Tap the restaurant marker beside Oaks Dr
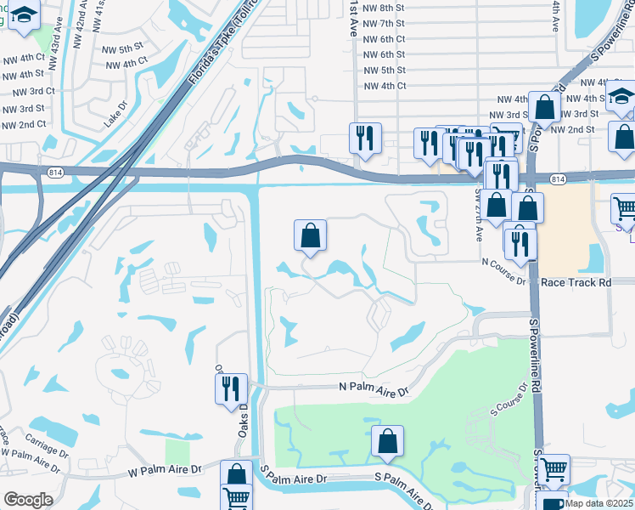(231, 389)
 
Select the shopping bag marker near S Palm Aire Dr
(387, 441)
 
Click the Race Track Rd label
(576, 281)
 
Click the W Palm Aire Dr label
(165, 469)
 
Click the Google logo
(28, 499)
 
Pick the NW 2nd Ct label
(23, 125)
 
